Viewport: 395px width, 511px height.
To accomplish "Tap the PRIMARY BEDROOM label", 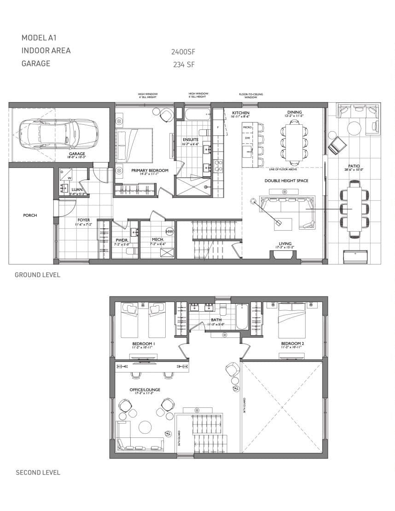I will point(150,170).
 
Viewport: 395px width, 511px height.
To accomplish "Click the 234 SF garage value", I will point(184,65).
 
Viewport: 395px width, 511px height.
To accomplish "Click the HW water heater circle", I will point(169,231).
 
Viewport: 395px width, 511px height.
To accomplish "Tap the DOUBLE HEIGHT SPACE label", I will point(286,181).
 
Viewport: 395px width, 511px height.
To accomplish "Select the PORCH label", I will point(30,215).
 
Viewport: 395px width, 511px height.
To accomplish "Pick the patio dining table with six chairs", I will point(354,209).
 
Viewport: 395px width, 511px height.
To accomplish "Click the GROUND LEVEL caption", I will point(37,275).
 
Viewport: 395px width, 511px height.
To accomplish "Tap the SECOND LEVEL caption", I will point(38,472).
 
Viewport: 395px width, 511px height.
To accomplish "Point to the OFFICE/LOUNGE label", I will point(145,389).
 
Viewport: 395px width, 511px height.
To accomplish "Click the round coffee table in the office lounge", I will point(145,428).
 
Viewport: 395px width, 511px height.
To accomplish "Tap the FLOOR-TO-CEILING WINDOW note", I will point(251,96).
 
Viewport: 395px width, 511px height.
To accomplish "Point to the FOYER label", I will point(84,220).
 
